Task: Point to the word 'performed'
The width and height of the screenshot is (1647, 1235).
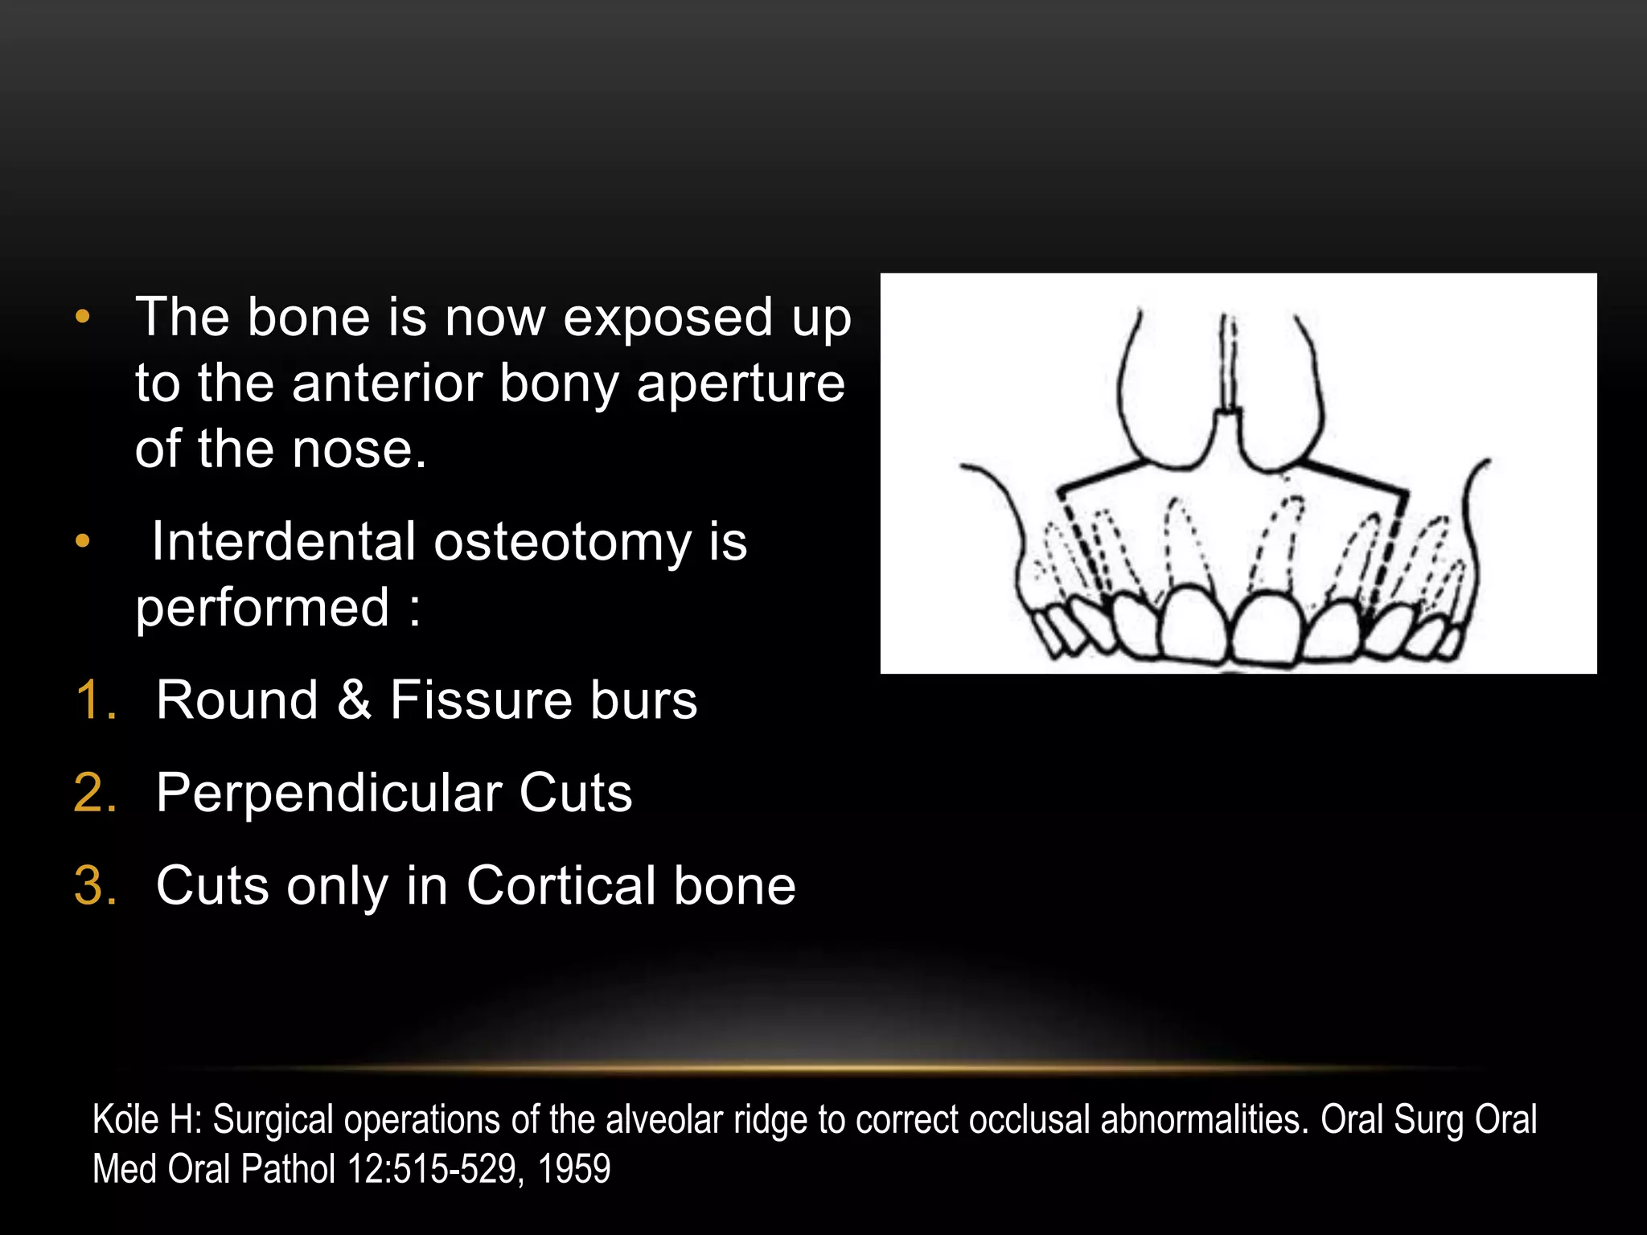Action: pos(262,608)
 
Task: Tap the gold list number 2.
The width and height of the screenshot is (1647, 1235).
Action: pos(95,794)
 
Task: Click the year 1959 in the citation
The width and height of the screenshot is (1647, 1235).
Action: pos(573,1169)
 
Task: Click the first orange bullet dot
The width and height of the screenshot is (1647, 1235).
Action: pos(82,318)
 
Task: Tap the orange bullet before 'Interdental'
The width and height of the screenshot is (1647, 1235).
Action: pos(82,542)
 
